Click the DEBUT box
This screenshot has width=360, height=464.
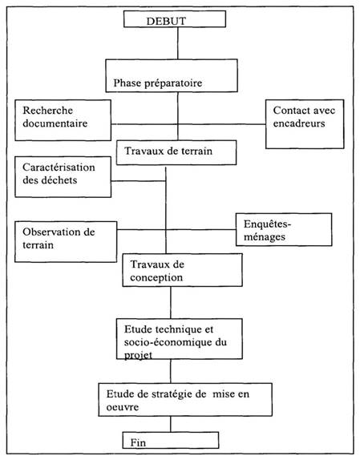pyautogui.click(x=175, y=19)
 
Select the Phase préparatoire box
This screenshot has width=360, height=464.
pyautogui.click(x=172, y=75)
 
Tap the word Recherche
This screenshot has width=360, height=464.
pyautogui.click(x=47, y=111)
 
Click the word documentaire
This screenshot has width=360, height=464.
pyautogui.click(x=55, y=123)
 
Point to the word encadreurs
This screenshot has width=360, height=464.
pyautogui.click(x=299, y=123)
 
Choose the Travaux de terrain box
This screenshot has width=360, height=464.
pyautogui.click(x=176, y=152)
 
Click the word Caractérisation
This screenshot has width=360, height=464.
pyautogui.click(x=59, y=167)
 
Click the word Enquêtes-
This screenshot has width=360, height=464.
pyautogui.click(x=267, y=224)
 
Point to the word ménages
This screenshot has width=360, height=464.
pyautogui.click(x=265, y=237)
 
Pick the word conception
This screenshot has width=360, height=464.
pyautogui.click(x=156, y=277)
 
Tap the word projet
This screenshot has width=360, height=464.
pyautogui.click(x=138, y=355)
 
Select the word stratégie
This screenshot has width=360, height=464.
pyautogui.click(x=172, y=394)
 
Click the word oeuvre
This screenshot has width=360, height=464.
pyautogui.click(x=122, y=407)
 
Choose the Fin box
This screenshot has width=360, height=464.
pyautogui.click(x=171, y=440)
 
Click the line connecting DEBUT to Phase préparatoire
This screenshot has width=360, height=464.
pyautogui.click(x=178, y=43)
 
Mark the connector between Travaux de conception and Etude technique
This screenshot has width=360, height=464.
pyautogui.click(x=171, y=302)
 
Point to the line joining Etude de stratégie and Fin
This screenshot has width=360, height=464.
pyautogui.click(x=171, y=424)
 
